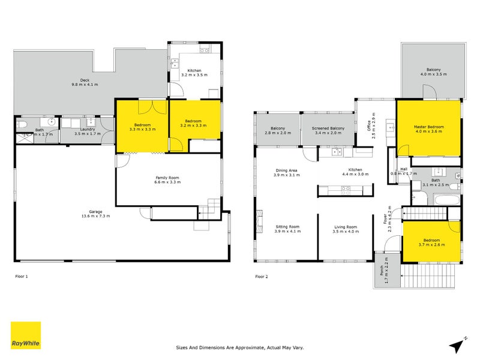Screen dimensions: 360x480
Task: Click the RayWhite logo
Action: [26, 335]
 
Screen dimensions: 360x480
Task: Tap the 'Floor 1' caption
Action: [22, 277]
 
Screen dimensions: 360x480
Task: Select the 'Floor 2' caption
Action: [262, 277]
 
